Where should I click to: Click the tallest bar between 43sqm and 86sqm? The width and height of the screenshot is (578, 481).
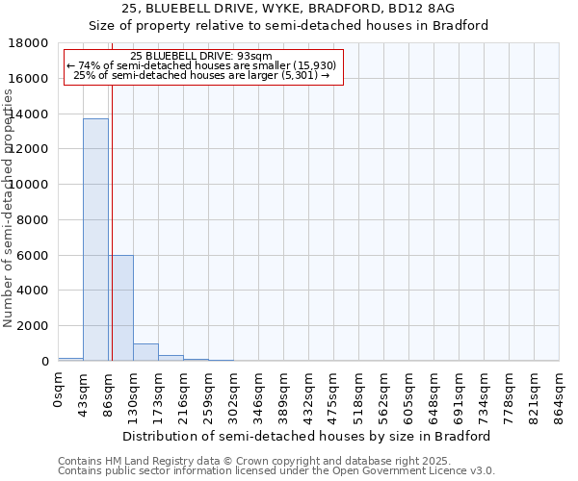click(95, 240)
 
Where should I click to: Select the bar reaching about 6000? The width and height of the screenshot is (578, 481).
click(120, 308)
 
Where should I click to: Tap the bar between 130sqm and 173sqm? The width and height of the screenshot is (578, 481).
click(145, 352)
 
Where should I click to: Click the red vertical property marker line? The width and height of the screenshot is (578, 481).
click(112, 221)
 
